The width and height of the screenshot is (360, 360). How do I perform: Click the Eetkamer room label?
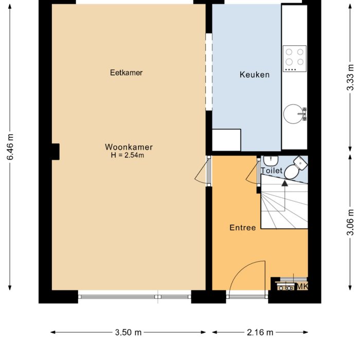pos(126,73)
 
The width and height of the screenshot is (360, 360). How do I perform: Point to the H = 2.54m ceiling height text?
pos(127,155)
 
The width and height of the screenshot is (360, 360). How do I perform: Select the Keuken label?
pos(255,75)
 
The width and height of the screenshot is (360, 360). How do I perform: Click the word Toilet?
pos(272,170)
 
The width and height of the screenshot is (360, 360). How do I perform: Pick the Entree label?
pos(243,228)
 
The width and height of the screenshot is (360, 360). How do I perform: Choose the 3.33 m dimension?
pos(351,77)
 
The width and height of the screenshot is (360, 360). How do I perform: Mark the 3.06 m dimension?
pos(351,221)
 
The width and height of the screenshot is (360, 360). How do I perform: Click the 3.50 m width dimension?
pos(128,332)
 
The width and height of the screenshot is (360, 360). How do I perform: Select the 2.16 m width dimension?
pos(260,332)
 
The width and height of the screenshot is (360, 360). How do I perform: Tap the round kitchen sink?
pos(295,113)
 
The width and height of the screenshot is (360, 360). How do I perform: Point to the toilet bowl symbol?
pos(293,170)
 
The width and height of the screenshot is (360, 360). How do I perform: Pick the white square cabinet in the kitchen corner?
pos(226,140)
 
